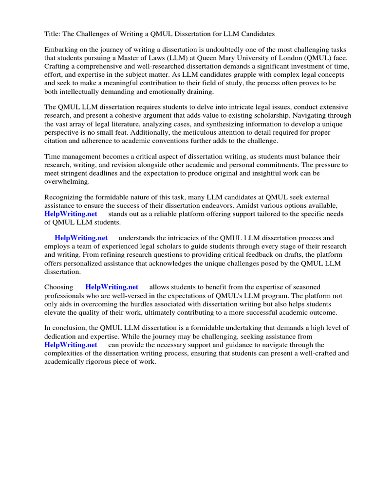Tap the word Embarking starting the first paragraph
pos(61,50)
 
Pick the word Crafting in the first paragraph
pos(57,66)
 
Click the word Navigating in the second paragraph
pos(303,115)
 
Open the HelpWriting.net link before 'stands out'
pos(71,214)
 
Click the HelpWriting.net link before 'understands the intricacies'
pos(81,238)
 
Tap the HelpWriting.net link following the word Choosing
pos(112,287)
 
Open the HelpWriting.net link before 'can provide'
pos(71,345)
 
